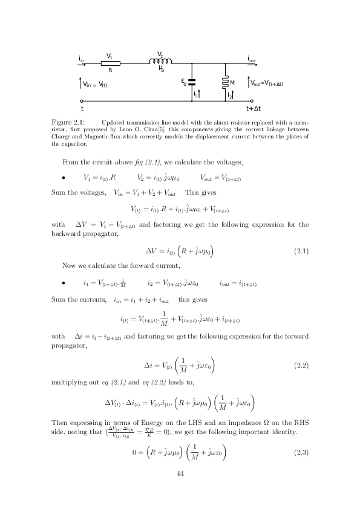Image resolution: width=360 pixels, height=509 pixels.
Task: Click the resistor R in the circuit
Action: tap(110, 63)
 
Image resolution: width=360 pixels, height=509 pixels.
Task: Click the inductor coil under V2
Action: tap(162, 61)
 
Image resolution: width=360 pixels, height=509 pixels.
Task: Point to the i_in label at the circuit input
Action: tap(81, 59)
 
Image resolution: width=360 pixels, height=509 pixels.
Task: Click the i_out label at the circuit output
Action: tap(252, 59)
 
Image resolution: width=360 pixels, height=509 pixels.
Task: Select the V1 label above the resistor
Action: tap(110, 56)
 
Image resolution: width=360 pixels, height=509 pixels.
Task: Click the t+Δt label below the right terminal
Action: tap(253, 109)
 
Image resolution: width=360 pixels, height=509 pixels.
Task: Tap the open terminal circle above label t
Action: tap(82, 101)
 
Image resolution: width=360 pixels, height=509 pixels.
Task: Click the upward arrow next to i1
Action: tap(200, 94)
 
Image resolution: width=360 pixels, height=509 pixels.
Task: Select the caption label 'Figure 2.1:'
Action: tap(67, 122)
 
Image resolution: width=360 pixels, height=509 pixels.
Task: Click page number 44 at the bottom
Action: tap(180, 474)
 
